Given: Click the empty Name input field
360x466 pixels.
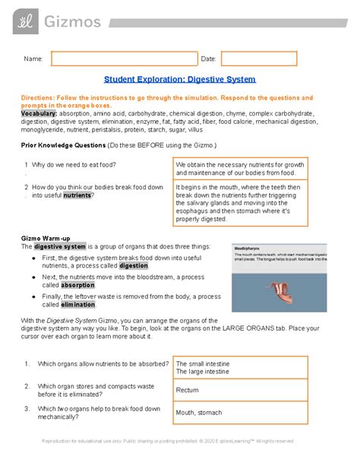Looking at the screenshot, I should pyautogui.click(x=124, y=59).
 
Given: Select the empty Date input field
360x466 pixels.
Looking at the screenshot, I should pyautogui.click(x=269, y=59).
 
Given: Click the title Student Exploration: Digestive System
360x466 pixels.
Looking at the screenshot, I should pyautogui.click(x=179, y=80).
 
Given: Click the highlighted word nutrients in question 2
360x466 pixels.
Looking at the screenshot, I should pyautogui.click(x=77, y=195).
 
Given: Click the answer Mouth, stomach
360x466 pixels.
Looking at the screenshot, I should pyautogui.click(x=199, y=413).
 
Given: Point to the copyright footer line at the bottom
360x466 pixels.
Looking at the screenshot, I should pyautogui.click(x=179, y=441).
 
